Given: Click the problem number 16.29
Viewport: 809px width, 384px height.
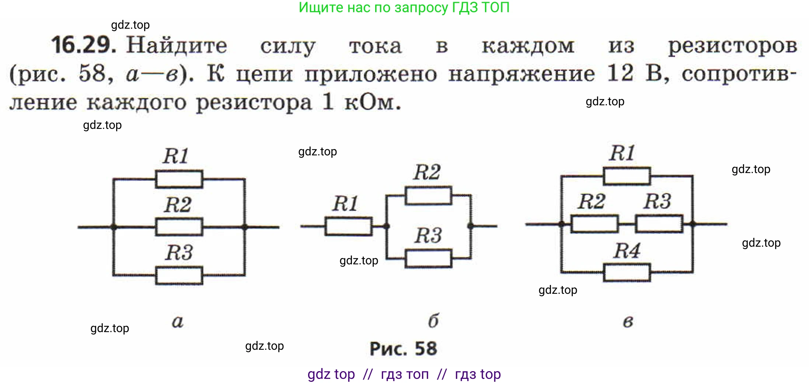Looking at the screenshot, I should [83, 46].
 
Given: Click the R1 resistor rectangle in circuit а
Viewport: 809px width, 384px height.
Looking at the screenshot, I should [179, 179].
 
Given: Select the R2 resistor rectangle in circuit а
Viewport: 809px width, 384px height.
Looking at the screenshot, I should [179, 227].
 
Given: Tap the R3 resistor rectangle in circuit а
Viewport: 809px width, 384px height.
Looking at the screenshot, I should [179, 276].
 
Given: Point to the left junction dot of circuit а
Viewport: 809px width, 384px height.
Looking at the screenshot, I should [114, 227].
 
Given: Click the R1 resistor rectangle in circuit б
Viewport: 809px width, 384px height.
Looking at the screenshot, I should [348, 226].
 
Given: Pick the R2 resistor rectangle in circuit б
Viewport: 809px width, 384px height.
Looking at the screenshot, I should [428, 195].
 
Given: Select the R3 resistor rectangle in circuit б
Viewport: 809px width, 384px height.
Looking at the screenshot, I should [428, 258].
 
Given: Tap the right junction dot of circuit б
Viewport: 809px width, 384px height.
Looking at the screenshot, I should [470, 226].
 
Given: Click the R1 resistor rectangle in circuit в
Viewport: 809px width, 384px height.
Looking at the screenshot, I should [627, 176].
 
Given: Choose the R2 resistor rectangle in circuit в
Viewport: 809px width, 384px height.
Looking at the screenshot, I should [594, 224].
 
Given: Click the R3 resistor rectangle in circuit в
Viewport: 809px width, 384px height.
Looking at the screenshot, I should [659, 224].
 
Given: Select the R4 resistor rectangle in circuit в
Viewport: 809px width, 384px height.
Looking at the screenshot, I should [627, 272].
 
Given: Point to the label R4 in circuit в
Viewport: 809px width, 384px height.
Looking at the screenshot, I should [627, 251].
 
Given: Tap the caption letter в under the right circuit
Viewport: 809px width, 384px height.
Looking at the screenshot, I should [628, 322].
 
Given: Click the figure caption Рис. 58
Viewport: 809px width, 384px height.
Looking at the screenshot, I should [403, 349].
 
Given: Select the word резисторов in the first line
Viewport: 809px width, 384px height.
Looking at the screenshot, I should [733, 46].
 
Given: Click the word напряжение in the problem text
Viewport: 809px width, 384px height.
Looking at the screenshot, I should [522, 74].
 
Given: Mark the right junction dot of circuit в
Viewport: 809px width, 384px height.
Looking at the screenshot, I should [693, 224].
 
